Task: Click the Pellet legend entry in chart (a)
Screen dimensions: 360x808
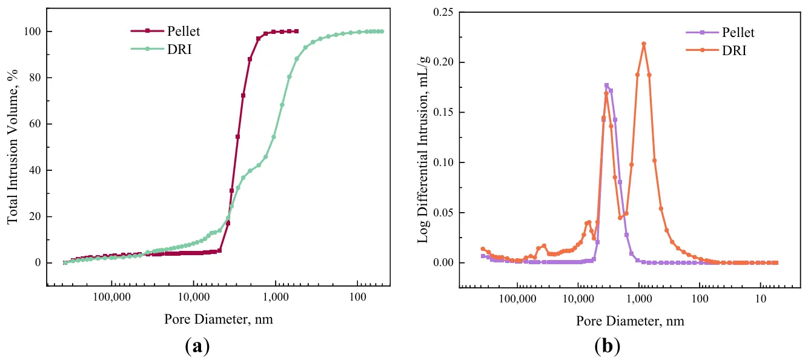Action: coord(176,30)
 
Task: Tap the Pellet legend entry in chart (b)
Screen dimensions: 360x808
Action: coord(735,33)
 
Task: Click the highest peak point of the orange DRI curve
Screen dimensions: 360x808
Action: coord(643,44)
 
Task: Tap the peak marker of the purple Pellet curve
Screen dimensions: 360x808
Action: coord(606,85)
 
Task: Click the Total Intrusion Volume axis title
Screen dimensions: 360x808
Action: coord(13,146)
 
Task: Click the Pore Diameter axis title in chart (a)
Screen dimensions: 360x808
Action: coord(218,319)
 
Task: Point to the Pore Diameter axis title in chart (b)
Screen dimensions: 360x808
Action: coord(630,321)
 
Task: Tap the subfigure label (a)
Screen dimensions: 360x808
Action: coord(197,346)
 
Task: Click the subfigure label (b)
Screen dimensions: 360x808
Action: coord(608,346)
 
